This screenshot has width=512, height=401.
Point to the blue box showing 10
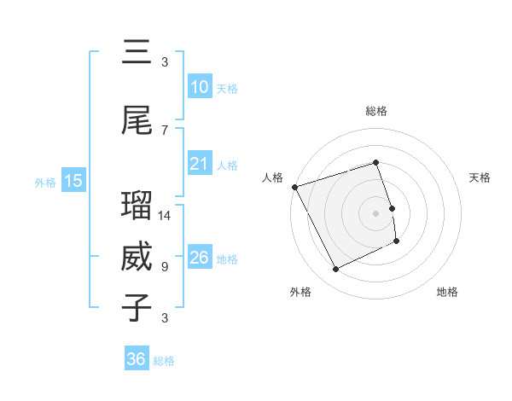click(x=199, y=87)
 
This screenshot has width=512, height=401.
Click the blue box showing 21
click(x=199, y=164)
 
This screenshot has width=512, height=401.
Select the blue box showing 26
click(x=199, y=258)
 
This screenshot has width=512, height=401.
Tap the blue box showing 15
click(x=73, y=181)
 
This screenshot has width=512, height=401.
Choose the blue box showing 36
click(x=137, y=359)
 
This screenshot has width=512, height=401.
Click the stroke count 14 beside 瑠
click(x=165, y=216)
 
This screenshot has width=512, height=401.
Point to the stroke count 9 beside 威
click(x=165, y=267)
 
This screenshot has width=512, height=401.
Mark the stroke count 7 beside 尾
click(x=165, y=131)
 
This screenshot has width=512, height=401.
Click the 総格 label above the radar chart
click(x=376, y=111)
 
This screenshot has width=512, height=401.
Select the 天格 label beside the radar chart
click(x=480, y=177)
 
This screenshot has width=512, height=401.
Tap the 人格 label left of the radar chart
click(x=273, y=177)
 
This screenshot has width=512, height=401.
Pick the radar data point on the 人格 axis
click(x=294, y=187)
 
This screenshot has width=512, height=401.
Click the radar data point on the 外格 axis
click(x=335, y=270)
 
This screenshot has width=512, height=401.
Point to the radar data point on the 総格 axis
click(x=376, y=163)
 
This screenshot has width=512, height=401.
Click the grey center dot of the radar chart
click(x=376, y=213)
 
